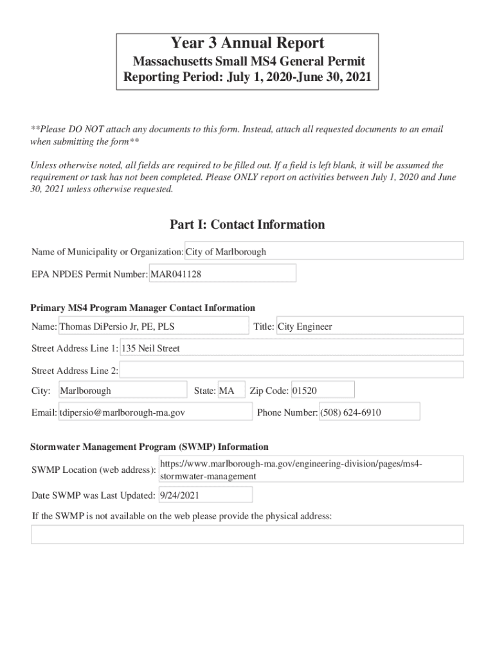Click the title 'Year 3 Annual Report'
[x=247, y=44]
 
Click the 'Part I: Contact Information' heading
[x=247, y=224]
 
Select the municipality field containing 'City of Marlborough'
[x=324, y=251]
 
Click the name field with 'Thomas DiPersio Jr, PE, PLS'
[x=153, y=326]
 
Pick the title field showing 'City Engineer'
[x=369, y=326]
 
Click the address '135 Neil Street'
[x=291, y=348]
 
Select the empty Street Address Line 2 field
[x=291, y=370]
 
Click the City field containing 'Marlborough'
[x=122, y=391]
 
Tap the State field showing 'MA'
[x=231, y=391]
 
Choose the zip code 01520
[x=322, y=391]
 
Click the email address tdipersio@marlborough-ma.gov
[x=155, y=413]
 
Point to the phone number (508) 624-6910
[x=369, y=413]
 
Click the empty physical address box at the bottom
[x=247, y=535]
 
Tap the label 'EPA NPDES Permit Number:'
[x=90, y=274]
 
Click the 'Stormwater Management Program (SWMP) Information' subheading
[x=150, y=447]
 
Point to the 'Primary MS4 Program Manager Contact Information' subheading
[x=143, y=308]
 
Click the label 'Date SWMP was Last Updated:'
[x=93, y=495]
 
